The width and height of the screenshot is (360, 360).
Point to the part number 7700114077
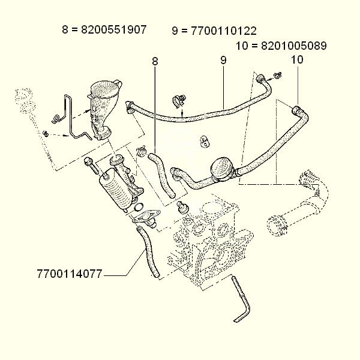[69, 275]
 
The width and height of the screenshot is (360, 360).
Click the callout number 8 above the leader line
[155, 61]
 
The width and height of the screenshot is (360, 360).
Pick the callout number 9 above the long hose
[223, 60]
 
